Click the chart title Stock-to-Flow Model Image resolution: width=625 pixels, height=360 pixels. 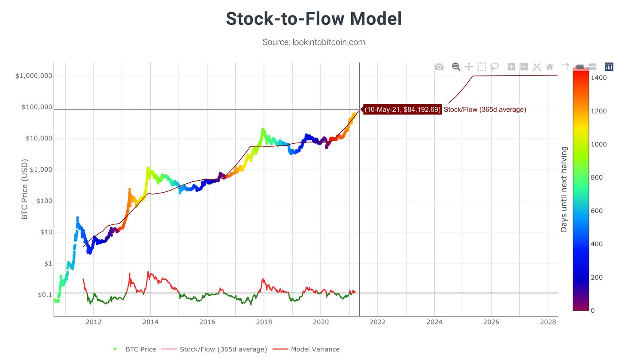[x=314, y=19]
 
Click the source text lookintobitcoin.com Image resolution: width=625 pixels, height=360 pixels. [x=314, y=42]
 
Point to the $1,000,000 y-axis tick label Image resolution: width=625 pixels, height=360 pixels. [x=34, y=76]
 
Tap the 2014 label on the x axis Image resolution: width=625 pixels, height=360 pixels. [x=150, y=322]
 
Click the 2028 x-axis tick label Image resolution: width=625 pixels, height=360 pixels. [x=548, y=322]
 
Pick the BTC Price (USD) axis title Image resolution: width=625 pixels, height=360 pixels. [x=24, y=189]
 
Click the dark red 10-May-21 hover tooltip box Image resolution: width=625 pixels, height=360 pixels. [x=403, y=109]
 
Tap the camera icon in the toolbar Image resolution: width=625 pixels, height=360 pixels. [x=439, y=67]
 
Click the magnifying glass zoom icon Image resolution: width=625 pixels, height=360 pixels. [x=456, y=67]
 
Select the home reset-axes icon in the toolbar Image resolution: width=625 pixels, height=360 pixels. [x=549, y=67]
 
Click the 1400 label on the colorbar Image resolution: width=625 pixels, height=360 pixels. [x=598, y=78]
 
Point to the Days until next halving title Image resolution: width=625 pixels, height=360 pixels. [x=564, y=189]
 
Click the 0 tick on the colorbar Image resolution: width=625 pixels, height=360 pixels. [x=593, y=310]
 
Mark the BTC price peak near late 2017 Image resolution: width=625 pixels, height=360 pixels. [x=263, y=129]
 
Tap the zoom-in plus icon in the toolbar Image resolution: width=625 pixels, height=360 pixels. [x=511, y=67]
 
